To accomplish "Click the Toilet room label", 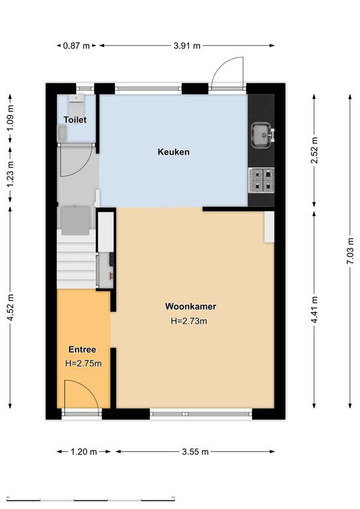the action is pos(75,120).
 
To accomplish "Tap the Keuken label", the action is pos(174,152).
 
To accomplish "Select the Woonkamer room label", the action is pos(190,306).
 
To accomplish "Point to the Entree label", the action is pos(82,350).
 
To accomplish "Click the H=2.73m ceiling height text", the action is pos(189,321).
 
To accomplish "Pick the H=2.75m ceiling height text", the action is pos(84,363).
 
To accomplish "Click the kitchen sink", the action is pos(262,135).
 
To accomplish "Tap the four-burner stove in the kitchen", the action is pos(261,180).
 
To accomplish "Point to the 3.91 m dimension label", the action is pos(187,46).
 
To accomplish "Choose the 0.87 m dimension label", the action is pos(76,46).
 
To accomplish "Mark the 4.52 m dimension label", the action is pos(11,308).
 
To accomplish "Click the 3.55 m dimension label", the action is pos(195,451).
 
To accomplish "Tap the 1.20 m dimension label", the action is pos(84,451).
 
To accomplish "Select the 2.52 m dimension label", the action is pos(314,150).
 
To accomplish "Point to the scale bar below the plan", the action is pos(91,499).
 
